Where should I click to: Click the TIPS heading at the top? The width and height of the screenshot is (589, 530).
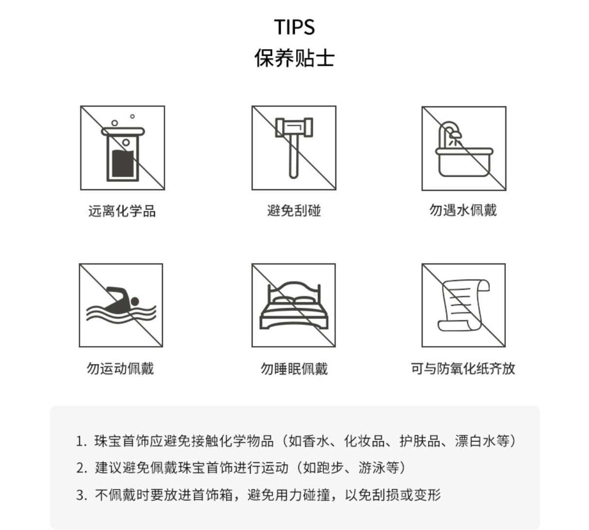294,27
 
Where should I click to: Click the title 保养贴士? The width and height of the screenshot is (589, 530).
294,58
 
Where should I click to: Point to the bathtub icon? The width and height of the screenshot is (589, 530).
464,148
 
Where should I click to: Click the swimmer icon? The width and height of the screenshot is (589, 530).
121,305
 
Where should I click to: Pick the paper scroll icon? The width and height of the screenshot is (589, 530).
464,305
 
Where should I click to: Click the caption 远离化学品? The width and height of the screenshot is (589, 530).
122,211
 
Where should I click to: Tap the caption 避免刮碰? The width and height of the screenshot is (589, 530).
294,211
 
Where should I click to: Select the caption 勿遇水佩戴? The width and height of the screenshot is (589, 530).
463,210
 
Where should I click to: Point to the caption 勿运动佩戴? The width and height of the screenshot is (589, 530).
120,368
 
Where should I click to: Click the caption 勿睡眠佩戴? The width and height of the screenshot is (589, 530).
294,369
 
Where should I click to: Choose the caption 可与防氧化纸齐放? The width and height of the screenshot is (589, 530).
463,369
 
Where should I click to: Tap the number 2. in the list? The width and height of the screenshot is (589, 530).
82,468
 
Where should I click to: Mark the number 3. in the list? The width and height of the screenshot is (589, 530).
82,495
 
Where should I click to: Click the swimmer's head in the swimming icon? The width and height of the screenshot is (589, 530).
135,301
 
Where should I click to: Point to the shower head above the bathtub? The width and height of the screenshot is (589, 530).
455,135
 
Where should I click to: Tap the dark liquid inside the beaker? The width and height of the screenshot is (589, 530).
123,164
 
